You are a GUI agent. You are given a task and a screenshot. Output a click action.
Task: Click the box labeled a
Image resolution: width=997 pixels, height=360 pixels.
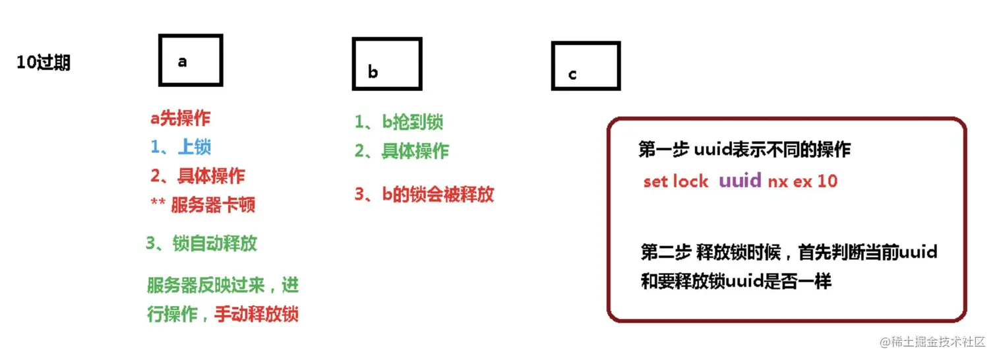click(191, 61)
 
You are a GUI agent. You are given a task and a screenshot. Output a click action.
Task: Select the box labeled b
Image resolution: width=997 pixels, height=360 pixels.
click(386, 64)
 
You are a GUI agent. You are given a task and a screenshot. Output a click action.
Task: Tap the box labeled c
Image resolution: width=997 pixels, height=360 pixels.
click(586, 66)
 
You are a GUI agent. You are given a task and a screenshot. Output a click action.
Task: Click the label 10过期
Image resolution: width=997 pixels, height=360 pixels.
click(44, 63)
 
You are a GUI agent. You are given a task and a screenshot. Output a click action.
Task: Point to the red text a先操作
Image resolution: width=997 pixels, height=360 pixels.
click(181, 119)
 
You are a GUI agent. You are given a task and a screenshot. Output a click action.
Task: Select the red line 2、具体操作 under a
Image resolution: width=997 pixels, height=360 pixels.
click(197, 176)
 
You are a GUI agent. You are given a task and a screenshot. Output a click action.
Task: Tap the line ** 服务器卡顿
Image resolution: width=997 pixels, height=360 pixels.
click(203, 205)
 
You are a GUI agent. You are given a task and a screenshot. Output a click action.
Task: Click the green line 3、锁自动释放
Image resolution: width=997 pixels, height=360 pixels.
click(201, 243)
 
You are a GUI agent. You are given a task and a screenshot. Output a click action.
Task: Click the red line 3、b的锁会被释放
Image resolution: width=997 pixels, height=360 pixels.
click(424, 195)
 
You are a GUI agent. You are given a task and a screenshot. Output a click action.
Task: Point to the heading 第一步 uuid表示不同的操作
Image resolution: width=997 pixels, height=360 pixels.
click(744, 150)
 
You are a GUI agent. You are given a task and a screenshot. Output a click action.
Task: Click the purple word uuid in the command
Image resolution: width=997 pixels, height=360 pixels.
click(740, 181)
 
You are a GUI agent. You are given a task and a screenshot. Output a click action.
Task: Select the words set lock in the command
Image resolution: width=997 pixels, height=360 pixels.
click(676, 181)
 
